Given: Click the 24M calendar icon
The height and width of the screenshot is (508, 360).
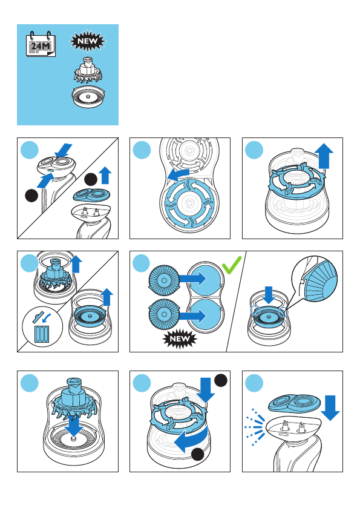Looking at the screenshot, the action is [x=41, y=44].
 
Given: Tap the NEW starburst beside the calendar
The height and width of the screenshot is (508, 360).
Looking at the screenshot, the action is [x=88, y=41].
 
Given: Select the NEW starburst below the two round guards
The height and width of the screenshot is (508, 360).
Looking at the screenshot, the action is [x=180, y=339].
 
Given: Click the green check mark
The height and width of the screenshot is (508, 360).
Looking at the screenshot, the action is [x=232, y=265].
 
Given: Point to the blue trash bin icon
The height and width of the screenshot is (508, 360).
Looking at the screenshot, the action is [x=42, y=334].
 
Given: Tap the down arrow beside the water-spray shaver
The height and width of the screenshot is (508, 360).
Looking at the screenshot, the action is [x=330, y=408].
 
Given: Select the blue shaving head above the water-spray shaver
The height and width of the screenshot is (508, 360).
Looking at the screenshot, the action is [x=294, y=406].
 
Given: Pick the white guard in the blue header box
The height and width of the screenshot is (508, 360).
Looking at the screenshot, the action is [x=87, y=96].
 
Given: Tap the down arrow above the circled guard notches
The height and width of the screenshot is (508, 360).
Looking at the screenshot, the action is [x=269, y=294].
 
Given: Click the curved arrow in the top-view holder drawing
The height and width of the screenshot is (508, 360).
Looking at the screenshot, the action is [x=178, y=175].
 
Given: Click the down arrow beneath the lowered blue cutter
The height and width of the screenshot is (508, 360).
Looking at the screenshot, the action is [x=74, y=425].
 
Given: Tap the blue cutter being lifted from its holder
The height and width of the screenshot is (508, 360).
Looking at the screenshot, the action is [x=54, y=275].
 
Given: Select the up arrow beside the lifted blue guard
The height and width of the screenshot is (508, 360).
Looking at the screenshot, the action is [x=107, y=297].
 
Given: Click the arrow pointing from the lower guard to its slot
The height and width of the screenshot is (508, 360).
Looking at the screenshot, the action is [x=193, y=315].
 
